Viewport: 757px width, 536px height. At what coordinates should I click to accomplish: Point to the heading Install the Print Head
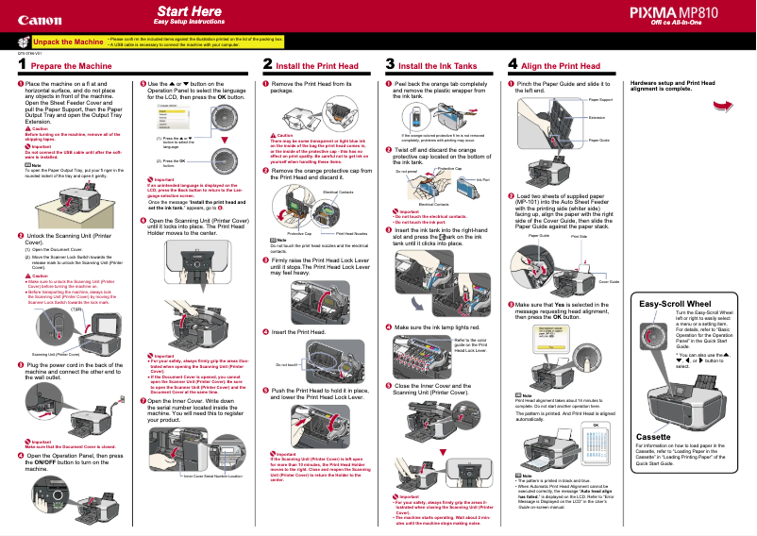(317, 67)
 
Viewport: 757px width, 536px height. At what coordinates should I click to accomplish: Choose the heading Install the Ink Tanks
(437, 67)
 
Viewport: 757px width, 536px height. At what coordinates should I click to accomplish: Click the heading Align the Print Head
(564, 67)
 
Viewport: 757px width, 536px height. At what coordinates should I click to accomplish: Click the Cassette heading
(654, 437)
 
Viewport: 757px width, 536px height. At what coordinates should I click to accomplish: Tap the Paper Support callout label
(600, 99)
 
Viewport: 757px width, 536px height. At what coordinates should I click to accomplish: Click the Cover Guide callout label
(609, 282)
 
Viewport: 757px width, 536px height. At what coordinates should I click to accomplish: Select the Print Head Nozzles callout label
(352, 233)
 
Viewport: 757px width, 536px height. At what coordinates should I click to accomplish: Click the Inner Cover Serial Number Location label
(219, 477)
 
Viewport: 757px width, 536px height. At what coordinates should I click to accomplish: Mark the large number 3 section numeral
(391, 65)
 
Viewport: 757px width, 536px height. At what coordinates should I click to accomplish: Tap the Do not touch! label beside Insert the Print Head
(286, 364)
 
